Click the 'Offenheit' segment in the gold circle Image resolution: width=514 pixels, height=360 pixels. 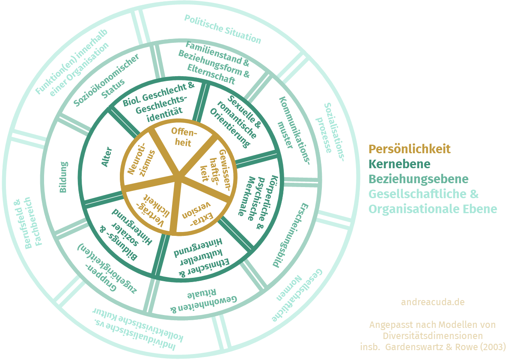click(x=181, y=136)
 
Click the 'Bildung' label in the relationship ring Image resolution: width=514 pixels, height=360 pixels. click(x=63, y=177)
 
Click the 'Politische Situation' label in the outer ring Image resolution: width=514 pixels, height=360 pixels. click(x=223, y=29)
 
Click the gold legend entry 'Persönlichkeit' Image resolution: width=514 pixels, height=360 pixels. click(x=410, y=149)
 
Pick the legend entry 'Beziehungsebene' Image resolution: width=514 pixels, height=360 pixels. click(x=419, y=179)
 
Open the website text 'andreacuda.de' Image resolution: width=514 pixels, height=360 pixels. click(x=433, y=302)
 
